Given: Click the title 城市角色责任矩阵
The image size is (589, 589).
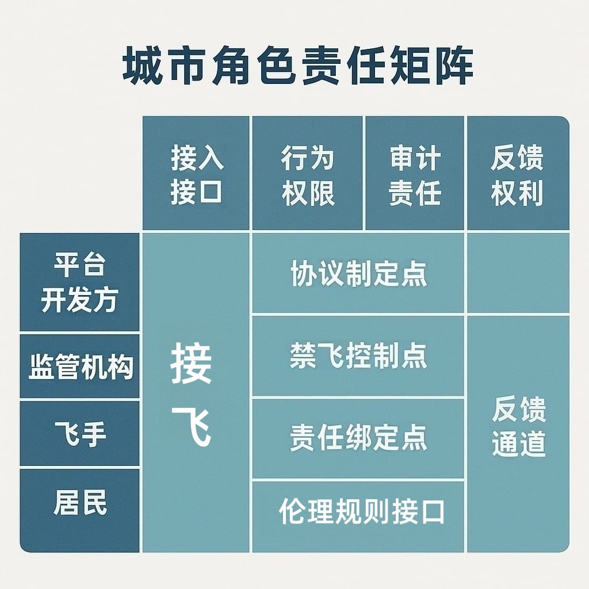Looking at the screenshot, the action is [298, 67].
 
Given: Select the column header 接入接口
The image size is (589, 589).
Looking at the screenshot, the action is [196, 174].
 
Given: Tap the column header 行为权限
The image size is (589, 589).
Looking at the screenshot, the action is [308, 174].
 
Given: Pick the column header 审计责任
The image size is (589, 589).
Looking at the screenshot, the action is [415, 174].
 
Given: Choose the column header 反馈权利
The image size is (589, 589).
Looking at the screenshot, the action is [517, 174].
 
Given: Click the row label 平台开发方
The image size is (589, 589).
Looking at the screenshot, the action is [80, 283].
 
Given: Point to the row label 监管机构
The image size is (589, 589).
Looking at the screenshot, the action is [80, 366].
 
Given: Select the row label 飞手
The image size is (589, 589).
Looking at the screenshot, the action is [80, 433].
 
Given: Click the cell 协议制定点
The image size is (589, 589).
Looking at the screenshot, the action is [358, 274].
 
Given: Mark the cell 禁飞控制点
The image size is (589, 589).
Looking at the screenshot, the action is [358, 356].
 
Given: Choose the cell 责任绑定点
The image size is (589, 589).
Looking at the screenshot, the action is [358, 438].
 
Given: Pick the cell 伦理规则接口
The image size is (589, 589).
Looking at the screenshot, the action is [362, 511].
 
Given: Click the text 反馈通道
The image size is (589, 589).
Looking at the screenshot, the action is [518, 427].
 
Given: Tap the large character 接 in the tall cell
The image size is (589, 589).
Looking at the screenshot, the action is [192, 364].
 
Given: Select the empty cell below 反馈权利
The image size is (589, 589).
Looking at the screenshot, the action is [518, 273].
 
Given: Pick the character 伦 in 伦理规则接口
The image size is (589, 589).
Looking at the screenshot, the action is [291, 511].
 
